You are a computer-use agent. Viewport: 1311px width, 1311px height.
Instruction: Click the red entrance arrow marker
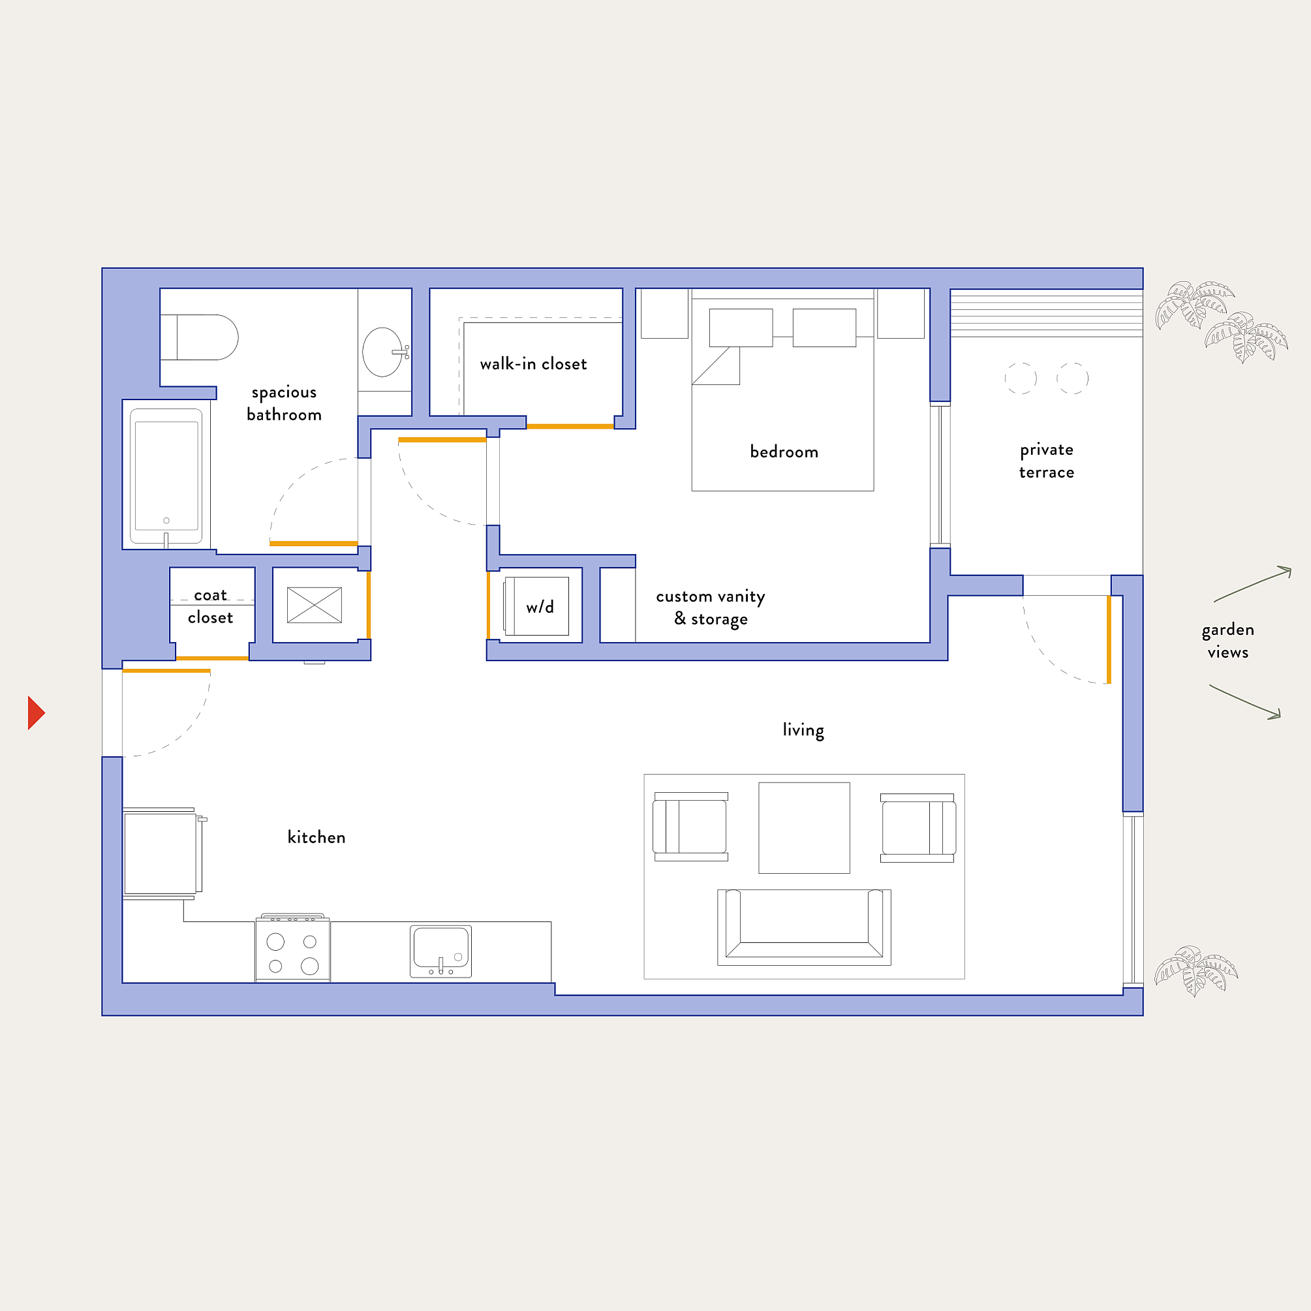click(x=36, y=713)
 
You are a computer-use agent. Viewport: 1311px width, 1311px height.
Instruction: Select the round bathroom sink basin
click(x=382, y=352)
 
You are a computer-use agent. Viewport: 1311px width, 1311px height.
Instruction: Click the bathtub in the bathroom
click(x=166, y=476)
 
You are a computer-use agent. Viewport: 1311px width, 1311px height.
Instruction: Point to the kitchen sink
click(x=440, y=950)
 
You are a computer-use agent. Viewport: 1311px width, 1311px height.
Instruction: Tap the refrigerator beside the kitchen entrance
click(x=161, y=853)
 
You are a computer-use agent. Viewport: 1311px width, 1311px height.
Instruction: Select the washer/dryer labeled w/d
click(x=537, y=606)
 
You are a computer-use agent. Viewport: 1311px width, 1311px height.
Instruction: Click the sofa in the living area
click(x=804, y=927)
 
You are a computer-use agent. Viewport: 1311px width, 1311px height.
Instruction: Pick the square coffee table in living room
click(x=804, y=828)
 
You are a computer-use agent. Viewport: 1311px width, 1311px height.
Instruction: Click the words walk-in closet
click(x=533, y=363)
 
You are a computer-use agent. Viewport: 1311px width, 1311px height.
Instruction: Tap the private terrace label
click(x=1046, y=461)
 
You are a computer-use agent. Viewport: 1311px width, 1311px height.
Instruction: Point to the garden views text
click(x=1227, y=641)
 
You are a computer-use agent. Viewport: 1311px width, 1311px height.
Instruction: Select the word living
click(x=803, y=730)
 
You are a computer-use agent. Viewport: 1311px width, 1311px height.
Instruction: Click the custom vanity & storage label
click(x=711, y=608)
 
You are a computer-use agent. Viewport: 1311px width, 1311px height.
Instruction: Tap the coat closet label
click(x=210, y=606)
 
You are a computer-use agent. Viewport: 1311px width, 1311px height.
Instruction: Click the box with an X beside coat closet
click(x=314, y=605)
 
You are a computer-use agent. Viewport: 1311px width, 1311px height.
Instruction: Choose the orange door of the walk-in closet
click(x=570, y=426)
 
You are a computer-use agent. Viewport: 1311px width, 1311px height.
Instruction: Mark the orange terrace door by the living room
click(x=1109, y=640)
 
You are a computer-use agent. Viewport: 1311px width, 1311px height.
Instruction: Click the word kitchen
click(x=316, y=837)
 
